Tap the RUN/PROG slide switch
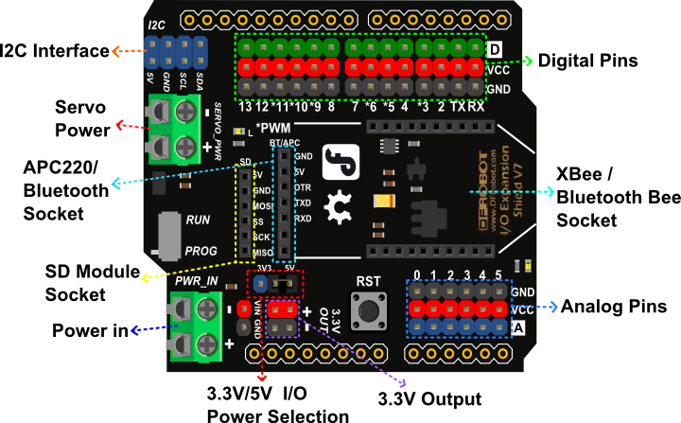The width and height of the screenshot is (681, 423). point(169,235)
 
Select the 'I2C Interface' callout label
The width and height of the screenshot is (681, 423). point(55,51)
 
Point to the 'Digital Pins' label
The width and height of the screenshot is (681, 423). point(587,61)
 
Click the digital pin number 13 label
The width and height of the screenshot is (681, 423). point(246,107)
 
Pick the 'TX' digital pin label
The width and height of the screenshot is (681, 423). point(458,107)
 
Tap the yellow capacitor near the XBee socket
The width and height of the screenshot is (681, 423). point(385,201)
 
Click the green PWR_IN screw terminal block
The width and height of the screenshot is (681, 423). point(196,326)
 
